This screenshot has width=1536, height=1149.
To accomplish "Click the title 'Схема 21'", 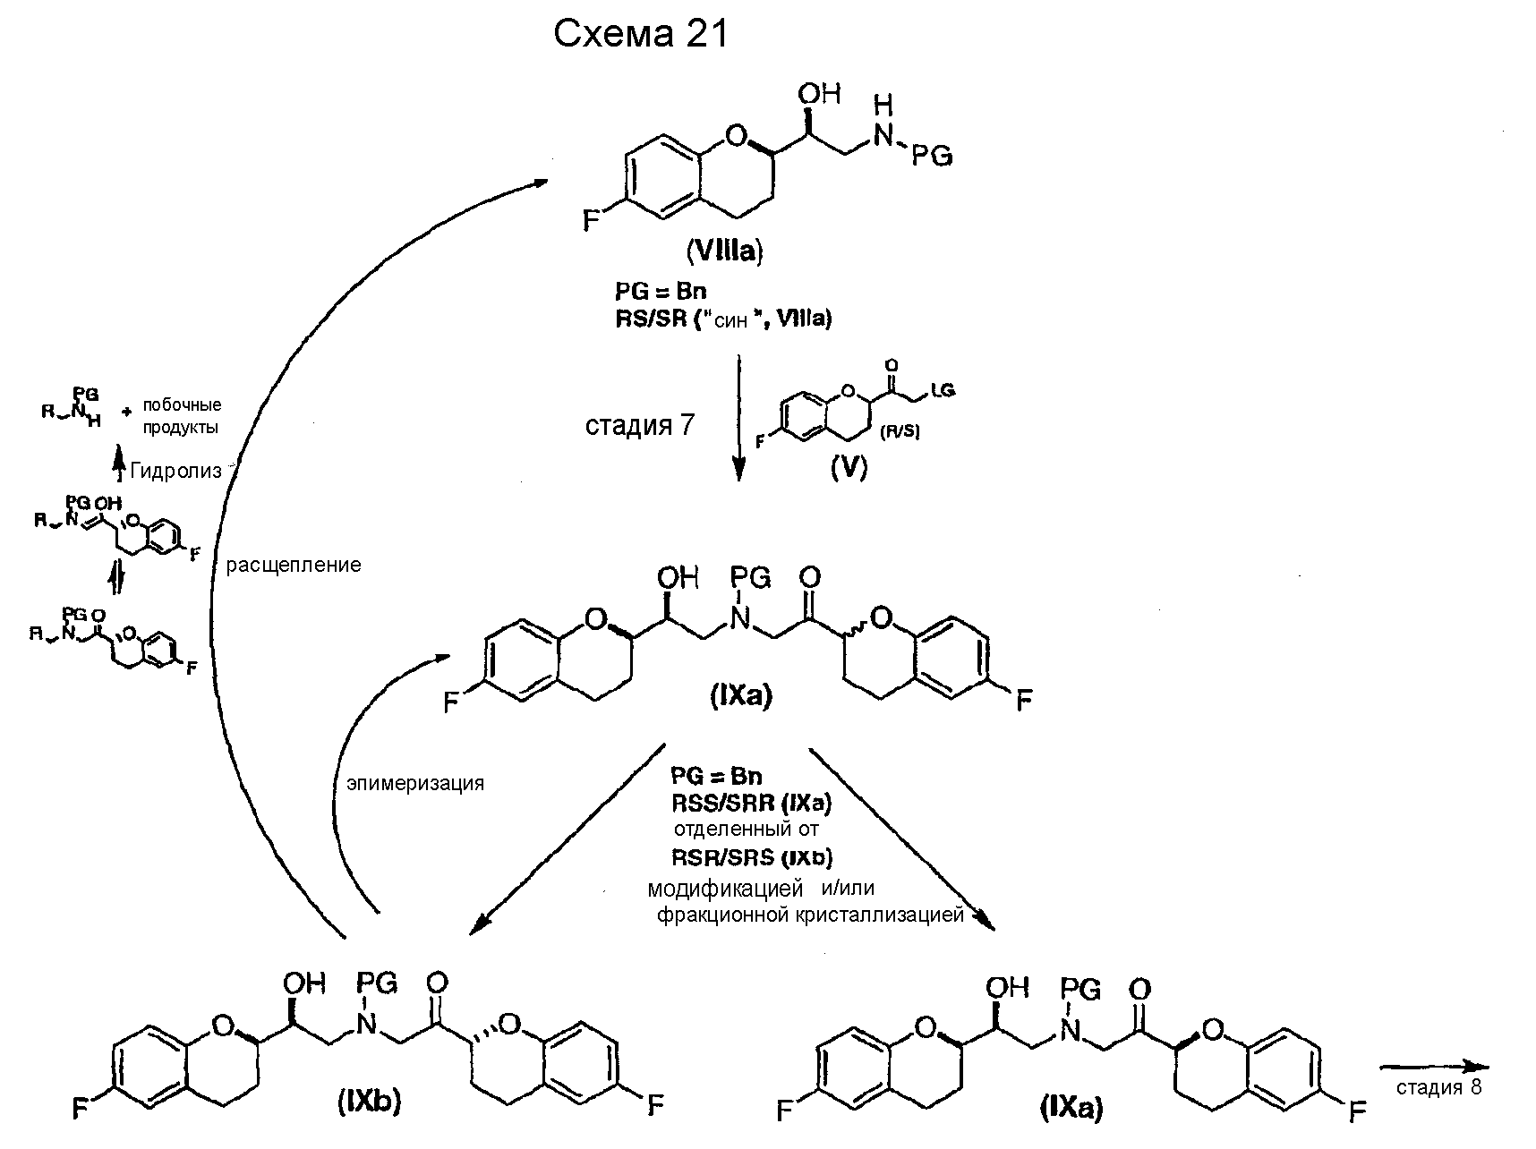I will pyautogui.click(x=642, y=34).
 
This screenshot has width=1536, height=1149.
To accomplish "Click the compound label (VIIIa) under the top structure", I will pyautogui.click(x=724, y=252).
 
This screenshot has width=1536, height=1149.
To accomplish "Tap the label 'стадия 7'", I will pyautogui.click(x=639, y=424).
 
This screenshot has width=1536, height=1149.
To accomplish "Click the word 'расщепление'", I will pyautogui.click(x=294, y=566).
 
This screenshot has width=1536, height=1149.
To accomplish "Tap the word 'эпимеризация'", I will pyautogui.click(x=415, y=784).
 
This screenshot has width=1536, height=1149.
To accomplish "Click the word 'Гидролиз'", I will pyautogui.click(x=175, y=472).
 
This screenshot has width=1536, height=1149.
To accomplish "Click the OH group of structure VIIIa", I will pyautogui.click(x=818, y=93).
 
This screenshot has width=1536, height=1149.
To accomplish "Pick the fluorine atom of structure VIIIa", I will pyautogui.click(x=591, y=219).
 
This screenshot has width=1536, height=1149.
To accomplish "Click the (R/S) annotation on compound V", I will pyautogui.click(x=899, y=432).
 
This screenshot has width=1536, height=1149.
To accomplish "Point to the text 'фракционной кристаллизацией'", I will pyautogui.click(x=810, y=915).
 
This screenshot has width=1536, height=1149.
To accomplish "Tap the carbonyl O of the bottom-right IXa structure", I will pyautogui.click(x=1139, y=990).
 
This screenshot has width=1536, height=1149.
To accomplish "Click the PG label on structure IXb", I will pyautogui.click(x=378, y=983).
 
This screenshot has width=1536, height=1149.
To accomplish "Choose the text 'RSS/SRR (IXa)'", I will pyautogui.click(x=752, y=804).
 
